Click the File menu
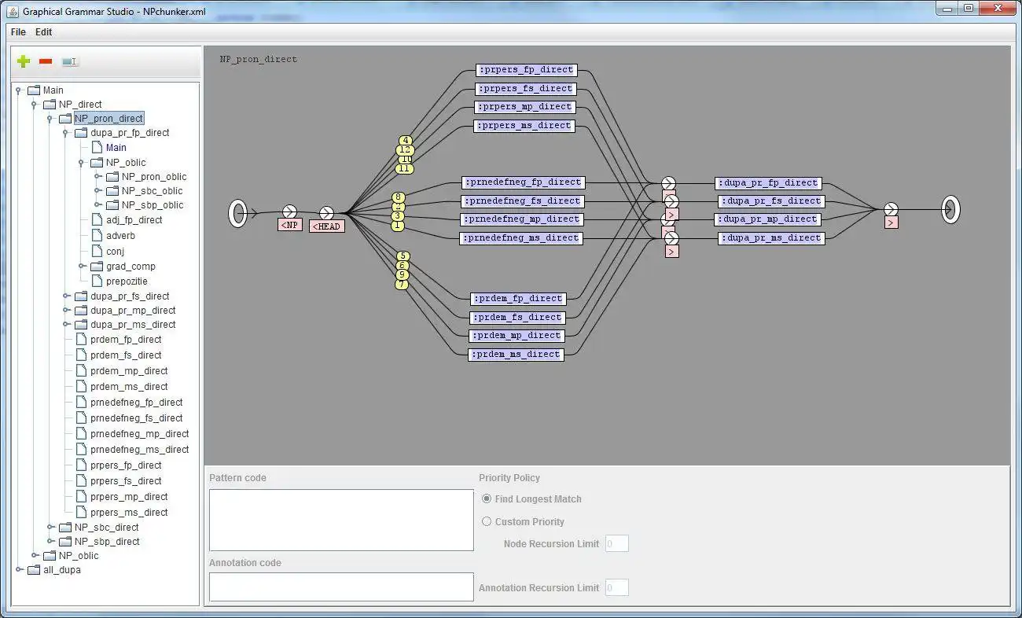(x=17, y=32)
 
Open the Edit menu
(x=43, y=32)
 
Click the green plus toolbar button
(x=24, y=61)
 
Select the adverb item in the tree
(x=120, y=235)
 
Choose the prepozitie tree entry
(x=127, y=281)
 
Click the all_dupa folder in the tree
(x=61, y=569)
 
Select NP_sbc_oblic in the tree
(x=152, y=190)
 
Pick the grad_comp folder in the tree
(x=131, y=266)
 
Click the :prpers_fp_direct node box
(x=526, y=70)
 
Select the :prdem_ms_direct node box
(x=516, y=355)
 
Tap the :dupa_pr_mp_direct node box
(x=767, y=219)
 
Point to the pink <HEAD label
(x=326, y=226)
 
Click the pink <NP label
(x=289, y=225)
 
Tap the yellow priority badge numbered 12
(x=405, y=150)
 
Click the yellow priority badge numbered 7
(x=402, y=285)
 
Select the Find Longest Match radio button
(x=487, y=498)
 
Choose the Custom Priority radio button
(x=487, y=521)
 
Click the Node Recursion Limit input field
(x=616, y=543)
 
